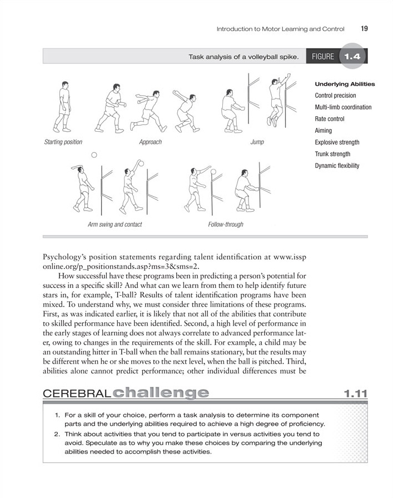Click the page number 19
pyautogui.click(x=364, y=28)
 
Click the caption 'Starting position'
pyautogui.click(x=63, y=142)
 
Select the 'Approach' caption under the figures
pyautogui.click(x=150, y=142)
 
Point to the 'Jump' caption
pyautogui.click(x=257, y=142)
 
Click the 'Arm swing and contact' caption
pyautogui.click(x=115, y=225)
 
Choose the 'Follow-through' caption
pyautogui.click(x=225, y=225)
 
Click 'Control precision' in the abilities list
pyautogui.click(x=335, y=96)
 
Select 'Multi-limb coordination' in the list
pyautogui.click(x=343, y=107)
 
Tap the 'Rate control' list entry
pyautogui.click(x=329, y=119)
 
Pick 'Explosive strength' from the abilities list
pyautogui.click(x=337, y=142)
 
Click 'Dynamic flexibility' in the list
pyautogui.click(x=337, y=166)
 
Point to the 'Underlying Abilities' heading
pyautogui.click(x=345, y=84)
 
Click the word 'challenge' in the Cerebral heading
pyautogui.click(x=160, y=394)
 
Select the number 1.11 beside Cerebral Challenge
pyautogui.click(x=355, y=394)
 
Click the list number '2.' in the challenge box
pyautogui.click(x=58, y=434)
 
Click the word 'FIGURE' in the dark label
pyautogui.click(x=323, y=57)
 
